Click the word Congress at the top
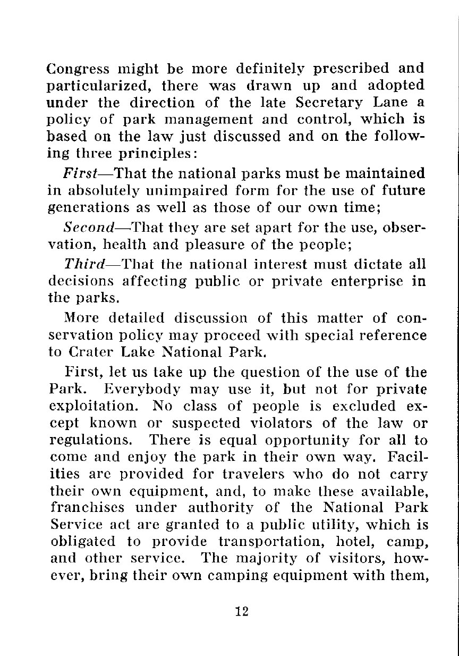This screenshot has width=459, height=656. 70,69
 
